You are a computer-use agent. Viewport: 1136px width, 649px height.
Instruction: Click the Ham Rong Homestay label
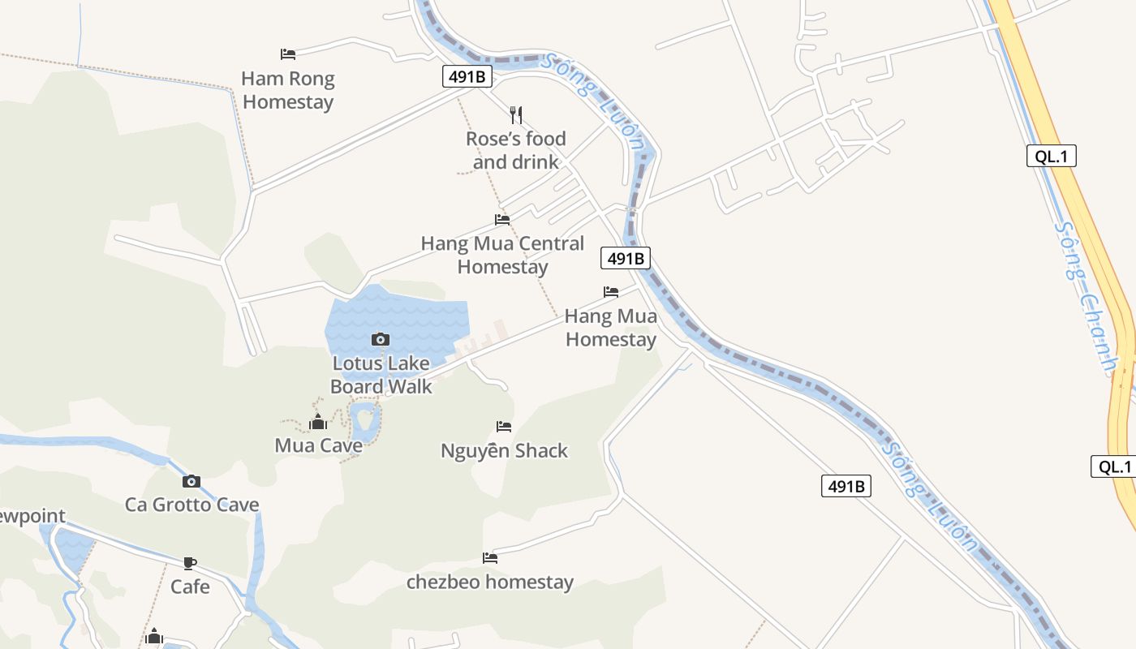(288, 90)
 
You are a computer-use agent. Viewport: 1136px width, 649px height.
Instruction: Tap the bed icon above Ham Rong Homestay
(288, 54)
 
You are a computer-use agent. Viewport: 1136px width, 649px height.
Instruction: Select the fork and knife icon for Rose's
(516, 115)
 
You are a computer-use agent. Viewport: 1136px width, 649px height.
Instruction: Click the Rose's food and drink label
(516, 150)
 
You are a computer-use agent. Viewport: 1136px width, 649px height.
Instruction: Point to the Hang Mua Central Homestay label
(502, 255)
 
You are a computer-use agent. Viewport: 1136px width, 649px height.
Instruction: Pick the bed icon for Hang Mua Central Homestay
(502, 220)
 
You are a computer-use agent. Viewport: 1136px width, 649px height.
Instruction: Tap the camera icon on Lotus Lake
(381, 339)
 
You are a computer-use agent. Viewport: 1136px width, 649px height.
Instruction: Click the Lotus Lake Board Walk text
(381, 375)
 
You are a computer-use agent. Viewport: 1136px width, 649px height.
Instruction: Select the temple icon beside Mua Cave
(318, 423)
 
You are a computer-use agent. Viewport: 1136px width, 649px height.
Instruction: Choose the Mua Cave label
(318, 445)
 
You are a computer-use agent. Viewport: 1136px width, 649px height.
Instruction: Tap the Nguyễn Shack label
(504, 450)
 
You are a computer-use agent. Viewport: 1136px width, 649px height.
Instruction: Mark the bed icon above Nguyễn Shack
(504, 427)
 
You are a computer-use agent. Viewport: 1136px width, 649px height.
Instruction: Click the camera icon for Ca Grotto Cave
(191, 481)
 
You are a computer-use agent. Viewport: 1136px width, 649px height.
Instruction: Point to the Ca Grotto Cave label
(191, 505)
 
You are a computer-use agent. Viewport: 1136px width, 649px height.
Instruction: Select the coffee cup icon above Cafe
(190, 562)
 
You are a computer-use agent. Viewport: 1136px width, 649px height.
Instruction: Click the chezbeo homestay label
(489, 582)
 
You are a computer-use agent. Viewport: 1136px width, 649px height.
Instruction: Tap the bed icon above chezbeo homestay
(490, 558)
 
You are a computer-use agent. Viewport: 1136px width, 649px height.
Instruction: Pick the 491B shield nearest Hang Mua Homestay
(626, 259)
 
